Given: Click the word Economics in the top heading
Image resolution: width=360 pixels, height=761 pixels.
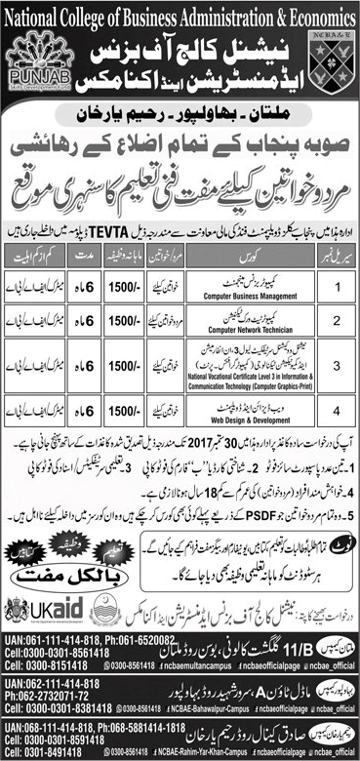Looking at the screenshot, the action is point(315,12).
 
